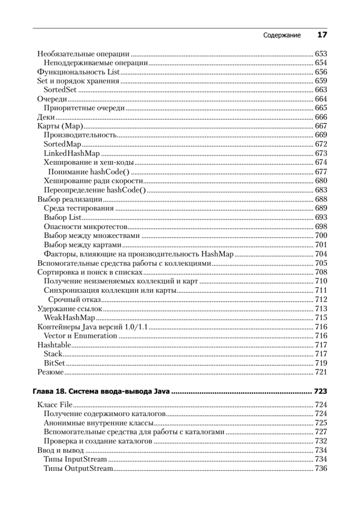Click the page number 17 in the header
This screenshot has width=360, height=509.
(322, 35)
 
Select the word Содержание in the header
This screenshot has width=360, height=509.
(282, 36)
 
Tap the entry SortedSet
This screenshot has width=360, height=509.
(61, 90)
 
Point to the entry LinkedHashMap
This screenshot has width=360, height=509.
(71, 153)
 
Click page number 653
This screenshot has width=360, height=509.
(321, 54)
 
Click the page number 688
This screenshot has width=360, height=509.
(321, 199)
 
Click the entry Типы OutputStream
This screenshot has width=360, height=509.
(78, 468)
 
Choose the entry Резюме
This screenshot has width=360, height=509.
(50, 372)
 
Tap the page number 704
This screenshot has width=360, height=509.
(321, 254)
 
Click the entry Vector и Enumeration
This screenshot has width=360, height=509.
(80, 336)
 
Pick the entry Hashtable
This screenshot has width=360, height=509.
(54, 345)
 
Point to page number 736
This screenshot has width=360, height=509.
(321, 468)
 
